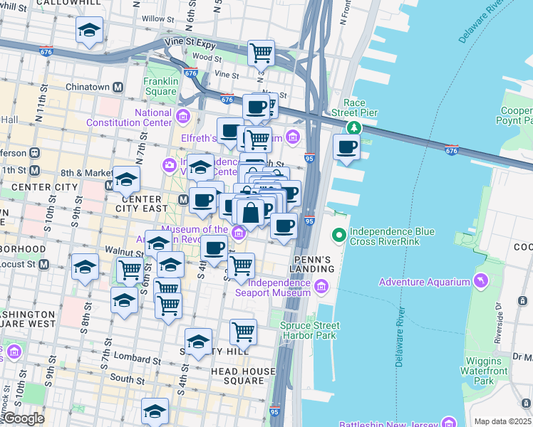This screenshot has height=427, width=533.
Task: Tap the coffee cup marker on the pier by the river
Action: coord(347,147)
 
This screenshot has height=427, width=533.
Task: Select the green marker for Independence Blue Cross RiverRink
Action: coord(340,234)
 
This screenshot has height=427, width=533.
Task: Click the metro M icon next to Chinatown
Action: coord(119,87)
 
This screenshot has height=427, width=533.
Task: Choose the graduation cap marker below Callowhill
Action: coord(89,31)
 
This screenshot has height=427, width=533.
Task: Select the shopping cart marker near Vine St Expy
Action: coord(262,52)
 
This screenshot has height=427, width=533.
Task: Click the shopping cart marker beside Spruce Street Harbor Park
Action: coord(243,331)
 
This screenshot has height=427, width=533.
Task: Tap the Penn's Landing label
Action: coord(312,263)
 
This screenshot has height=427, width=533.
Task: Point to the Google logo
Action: coord(23,418)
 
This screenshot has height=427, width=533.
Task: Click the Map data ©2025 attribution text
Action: coord(502,421)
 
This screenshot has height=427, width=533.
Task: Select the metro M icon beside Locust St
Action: coord(43,265)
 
